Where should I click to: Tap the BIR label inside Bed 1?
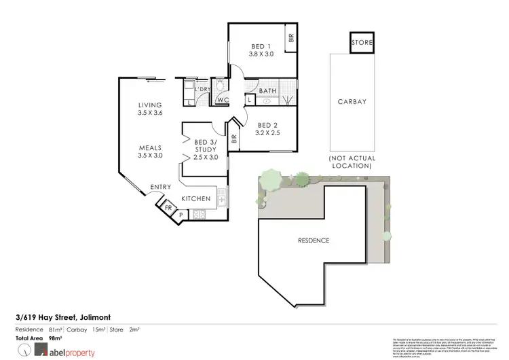click(x=290, y=39)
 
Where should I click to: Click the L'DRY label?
click(x=202, y=89)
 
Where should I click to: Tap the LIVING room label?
click(x=149, y=105)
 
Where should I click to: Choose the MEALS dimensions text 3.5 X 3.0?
click(x=149, y=155)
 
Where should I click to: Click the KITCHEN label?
click(x=195, y=198)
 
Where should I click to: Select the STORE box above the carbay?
click(x=361, y=43)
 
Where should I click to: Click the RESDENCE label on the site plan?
click(x=313, y=240)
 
